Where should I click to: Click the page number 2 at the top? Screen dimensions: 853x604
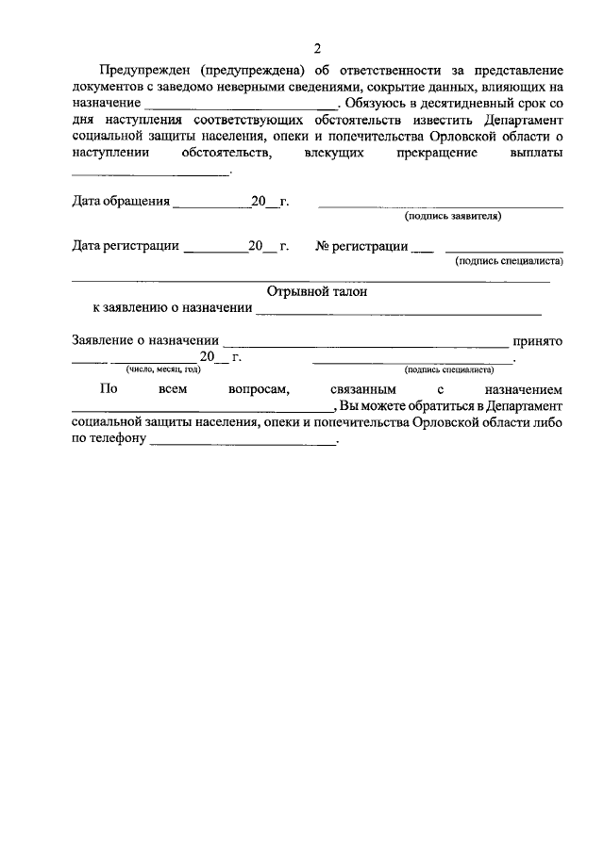pyautogui.click(x=317, y=49)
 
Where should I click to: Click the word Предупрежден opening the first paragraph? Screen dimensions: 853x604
pyautogui.click(x=144, y=71)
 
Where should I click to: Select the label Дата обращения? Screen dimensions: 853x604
pyautogui.click(x=121, y=201)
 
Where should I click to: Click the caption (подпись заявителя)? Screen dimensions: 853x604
pyautogui.click(x=453, y=216)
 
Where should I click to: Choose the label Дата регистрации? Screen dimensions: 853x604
pyautogui.click(x=126, y=246)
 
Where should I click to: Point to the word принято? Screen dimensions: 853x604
pyautogui.click(x=537, y=341)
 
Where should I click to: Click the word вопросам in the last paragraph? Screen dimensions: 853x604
pyautogui.click(x=249, y=388)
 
